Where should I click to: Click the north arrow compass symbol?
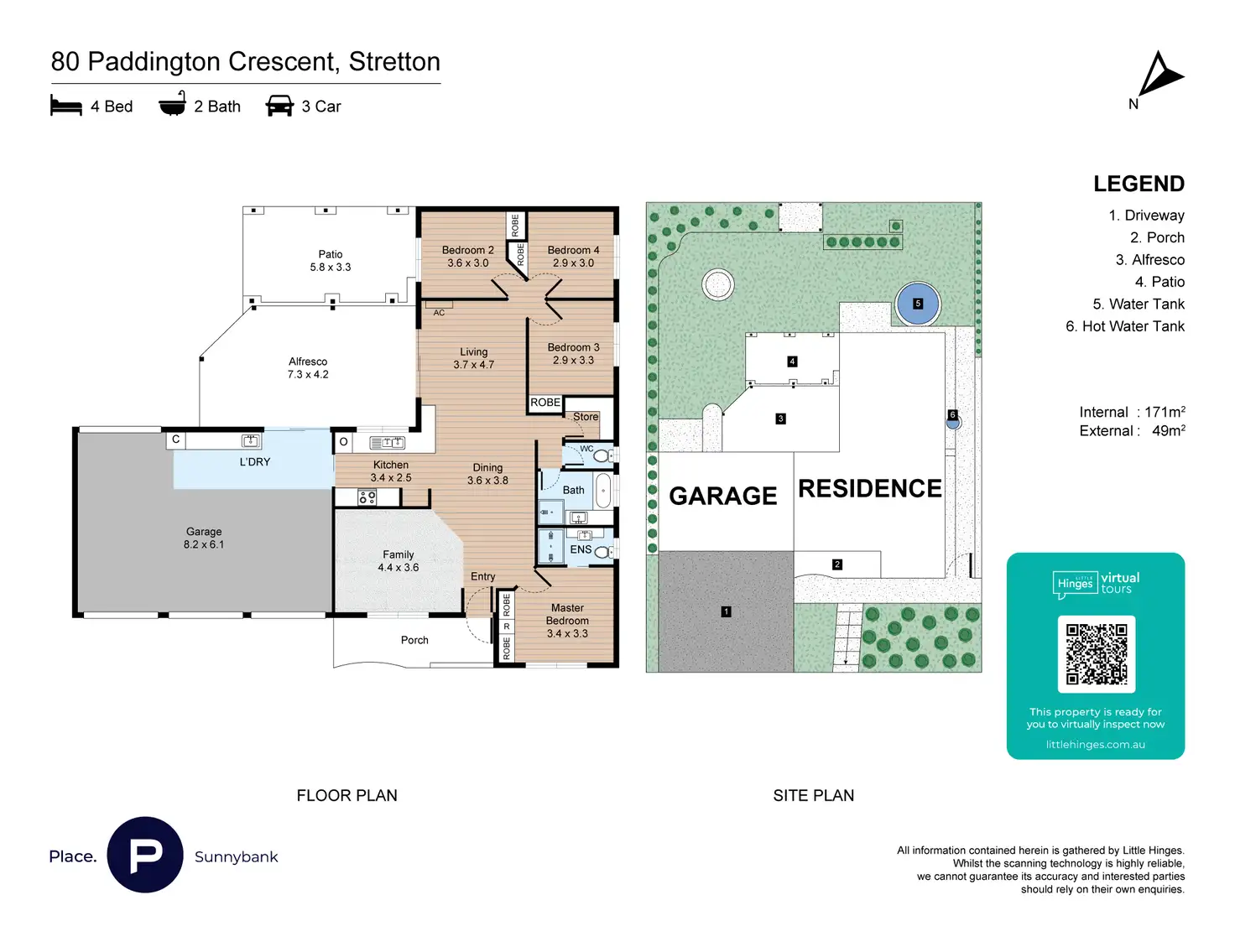click(x=1159, y=75)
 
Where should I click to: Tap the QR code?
click(x=1096, y=654)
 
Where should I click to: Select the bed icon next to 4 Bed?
click(x=66, y=106)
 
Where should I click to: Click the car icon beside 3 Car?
click(x=279, y=106)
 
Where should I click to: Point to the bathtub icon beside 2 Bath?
click(x=172, y=105)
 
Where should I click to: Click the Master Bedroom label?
click(x=567, y=621)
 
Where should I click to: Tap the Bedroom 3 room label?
click(x=573, y=353)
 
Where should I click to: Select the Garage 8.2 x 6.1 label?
click(x=204, y=538)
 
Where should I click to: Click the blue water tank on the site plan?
click(x=917, y=304)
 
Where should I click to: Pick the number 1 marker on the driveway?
click(x=726, y=611)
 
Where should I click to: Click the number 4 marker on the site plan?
click(x=792, y=362)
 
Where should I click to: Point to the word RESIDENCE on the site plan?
click(x=869, y=488)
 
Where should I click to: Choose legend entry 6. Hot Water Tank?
click(x=1124, y=326)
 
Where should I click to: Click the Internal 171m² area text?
click(x=1132, y=412)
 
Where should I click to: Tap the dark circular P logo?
click(x=145, y=855)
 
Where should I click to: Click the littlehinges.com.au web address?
click(x=1095, y=744)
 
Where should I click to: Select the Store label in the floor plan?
click(x=586, y=417)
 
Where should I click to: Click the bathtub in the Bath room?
click(x=603, y=491)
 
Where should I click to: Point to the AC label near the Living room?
click(x=439, y=313)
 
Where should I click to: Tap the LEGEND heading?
click(x=1139, y=184)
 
